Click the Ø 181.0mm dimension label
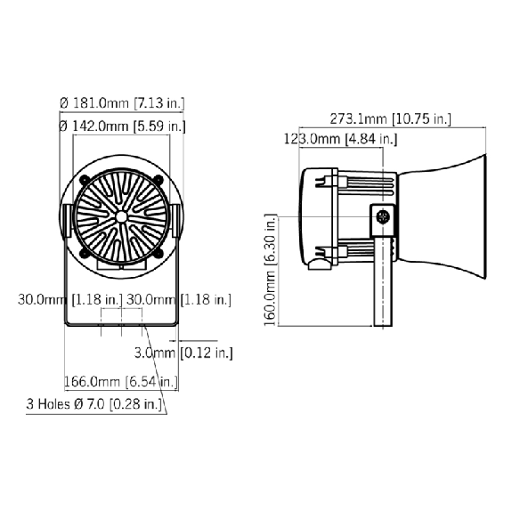pyautogui.click(x=122, y=103)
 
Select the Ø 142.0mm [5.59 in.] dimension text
pyautogui.click(x=122, y=126)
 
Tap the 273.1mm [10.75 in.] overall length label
pyautogui.click(x=391, y=118)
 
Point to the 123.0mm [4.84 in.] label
pyautogui.click(x=340, y=139)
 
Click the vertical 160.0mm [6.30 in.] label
pyautogui.click(x=271, y=270)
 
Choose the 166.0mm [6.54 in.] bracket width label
pyautogui.click(x=121, y=381)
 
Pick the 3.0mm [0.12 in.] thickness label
pyautogui.click(x=183, y=353)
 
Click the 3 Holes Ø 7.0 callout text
pyautogui.click(x=94, y=404)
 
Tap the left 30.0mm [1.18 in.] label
pyautogui.click(x=70, y=299)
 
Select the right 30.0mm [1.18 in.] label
pyautogui.click(x=179, y=299)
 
